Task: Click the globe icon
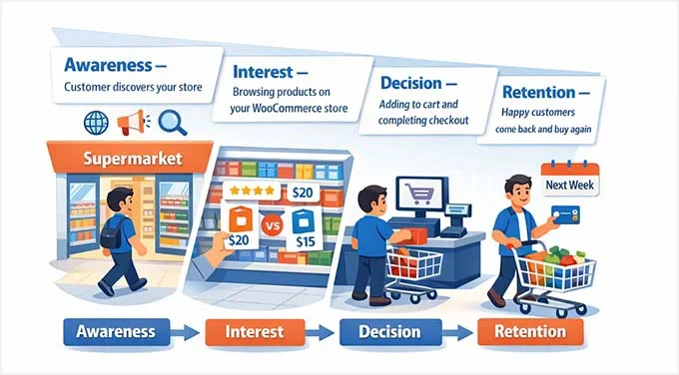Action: pyautogui.click(x=97, y=123)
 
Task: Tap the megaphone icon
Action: pyautogui.click(x=134, y=124)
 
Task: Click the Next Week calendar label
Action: pyautogui.click(x=564, y=185)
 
